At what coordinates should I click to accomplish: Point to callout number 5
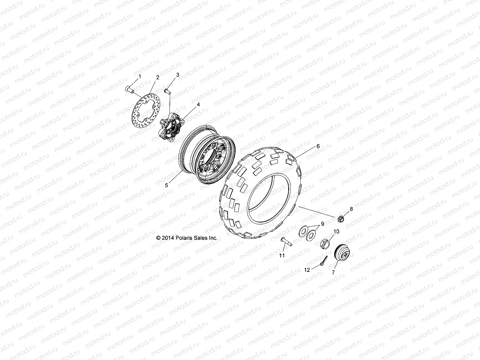pyautogui.click(x=166, y=185)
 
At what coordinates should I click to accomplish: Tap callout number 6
pyautogui.click(x=318, y=146)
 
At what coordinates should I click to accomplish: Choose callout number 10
pyautogui.click(x=336, y=231)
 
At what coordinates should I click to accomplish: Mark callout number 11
pyautogui.click(x=282, y=255)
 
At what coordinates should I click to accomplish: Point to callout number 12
pyautogui.click(x=307, y=270)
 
